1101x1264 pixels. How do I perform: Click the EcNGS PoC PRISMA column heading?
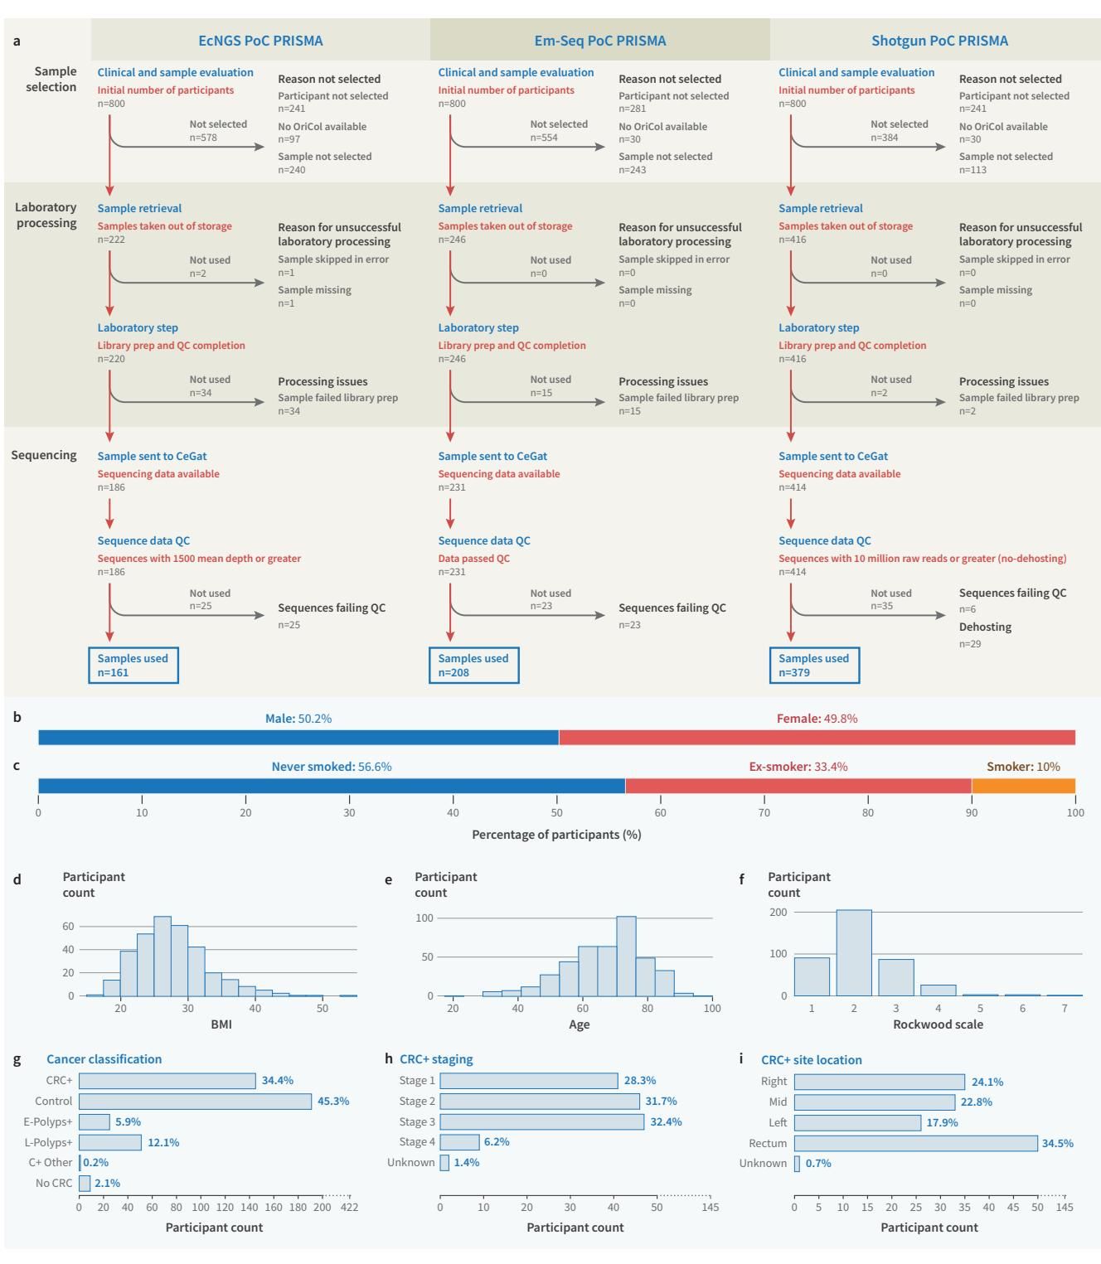pos(260,41)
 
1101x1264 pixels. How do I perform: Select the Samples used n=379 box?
pos(814,666)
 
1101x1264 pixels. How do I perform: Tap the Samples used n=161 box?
pos(133,666)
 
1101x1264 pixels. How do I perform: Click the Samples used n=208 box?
pos(473,666)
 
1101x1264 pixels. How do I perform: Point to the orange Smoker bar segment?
pos(1023,786)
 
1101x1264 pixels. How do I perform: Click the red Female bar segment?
pos(817,738)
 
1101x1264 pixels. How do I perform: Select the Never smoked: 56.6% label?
pos(332,767)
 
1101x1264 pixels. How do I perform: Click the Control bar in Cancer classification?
pos(195,1102)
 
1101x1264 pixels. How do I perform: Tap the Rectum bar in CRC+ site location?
pos(915,1143)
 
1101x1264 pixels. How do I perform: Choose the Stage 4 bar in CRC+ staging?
pos(459,1142)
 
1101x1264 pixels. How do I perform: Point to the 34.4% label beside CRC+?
pos(278,1081)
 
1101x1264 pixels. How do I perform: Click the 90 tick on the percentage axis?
pos(972,812)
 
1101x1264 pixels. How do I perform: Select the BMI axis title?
pos(221,1024)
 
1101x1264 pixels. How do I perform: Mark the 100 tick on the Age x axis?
pos(712,1008)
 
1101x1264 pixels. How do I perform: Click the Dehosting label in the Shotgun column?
pos(985,627)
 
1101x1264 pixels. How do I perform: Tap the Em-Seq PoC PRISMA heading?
pos(600,41)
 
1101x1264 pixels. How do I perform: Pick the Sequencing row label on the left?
pos(44,455)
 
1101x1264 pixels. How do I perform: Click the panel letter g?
pos(17,1059)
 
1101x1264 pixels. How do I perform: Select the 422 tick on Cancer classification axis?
pos(350,1207)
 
